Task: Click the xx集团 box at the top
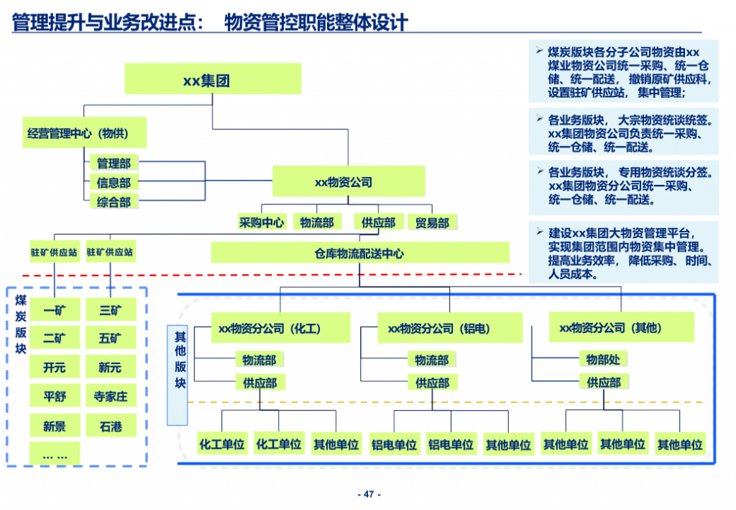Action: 213,79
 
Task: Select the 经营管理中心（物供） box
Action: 85,133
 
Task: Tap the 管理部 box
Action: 114,163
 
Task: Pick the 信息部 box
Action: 114,182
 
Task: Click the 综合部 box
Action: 114,201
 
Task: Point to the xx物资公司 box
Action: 349,181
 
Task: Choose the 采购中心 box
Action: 262,222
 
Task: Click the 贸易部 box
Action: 432,222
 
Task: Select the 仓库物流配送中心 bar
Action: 360,252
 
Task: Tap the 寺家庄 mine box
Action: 111,396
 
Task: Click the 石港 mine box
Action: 111,425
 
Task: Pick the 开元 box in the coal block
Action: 55,367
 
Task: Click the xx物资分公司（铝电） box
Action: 450,328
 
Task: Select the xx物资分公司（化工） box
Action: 280,328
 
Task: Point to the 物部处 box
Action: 603,359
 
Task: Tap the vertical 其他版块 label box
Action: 178,375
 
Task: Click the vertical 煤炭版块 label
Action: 21,324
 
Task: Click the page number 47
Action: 369,494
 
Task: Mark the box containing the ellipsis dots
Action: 55,454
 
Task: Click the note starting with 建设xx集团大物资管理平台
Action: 624,252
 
